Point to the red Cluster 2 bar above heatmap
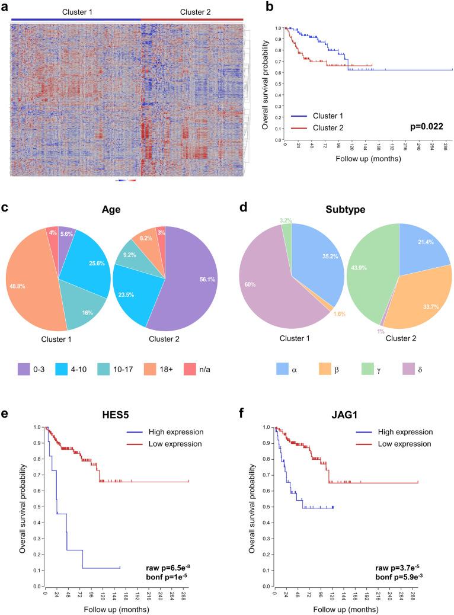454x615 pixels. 193,20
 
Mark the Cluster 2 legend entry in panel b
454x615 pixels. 327,127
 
